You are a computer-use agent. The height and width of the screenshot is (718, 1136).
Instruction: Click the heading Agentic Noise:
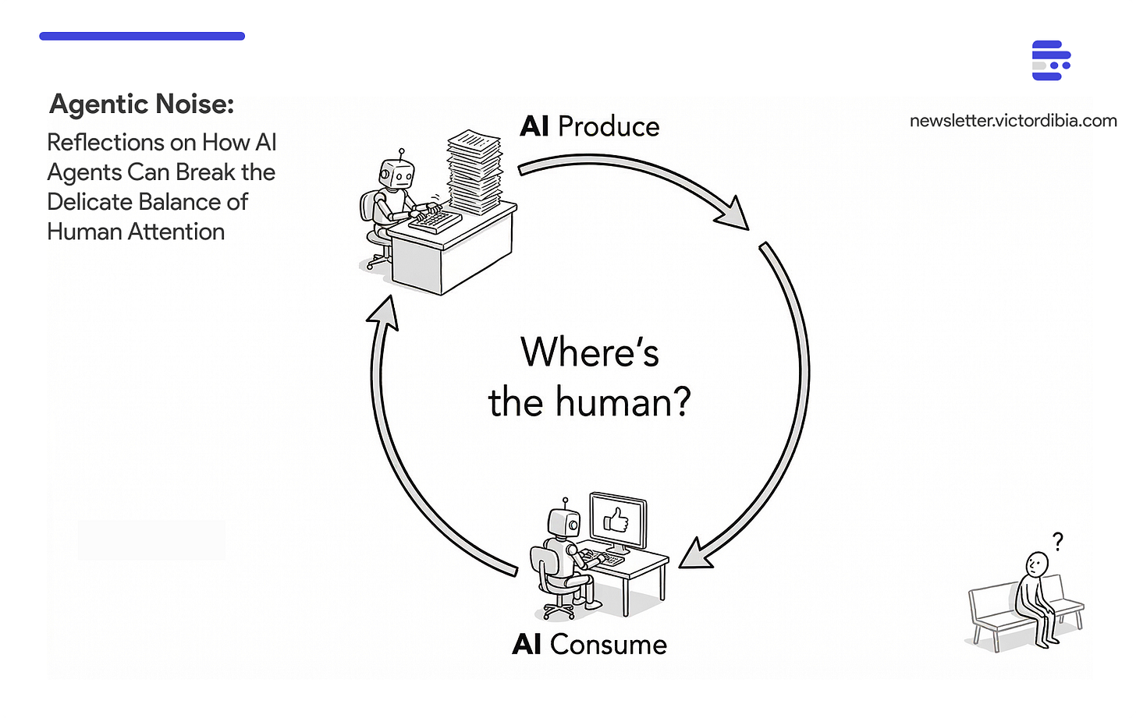(x=141, y=104)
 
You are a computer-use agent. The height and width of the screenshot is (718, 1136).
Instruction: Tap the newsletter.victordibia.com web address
(x=1013, y=121)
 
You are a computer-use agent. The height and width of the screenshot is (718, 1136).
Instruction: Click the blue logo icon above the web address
(x=1050, y=61)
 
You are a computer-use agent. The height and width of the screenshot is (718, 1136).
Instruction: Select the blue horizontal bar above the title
(x=142, y=36)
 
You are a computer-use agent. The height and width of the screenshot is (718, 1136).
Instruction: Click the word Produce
(x=609, y=126)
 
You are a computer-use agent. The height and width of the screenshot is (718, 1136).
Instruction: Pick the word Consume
(x=608, y=645)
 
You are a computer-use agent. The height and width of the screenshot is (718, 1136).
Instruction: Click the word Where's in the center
(x=590, y=352)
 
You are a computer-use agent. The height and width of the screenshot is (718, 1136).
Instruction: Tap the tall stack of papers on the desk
(x=474, y=172)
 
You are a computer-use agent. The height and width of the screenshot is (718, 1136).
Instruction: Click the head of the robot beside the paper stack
(x=396, y=175)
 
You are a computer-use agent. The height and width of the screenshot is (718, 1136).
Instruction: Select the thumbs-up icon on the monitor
(x=616, y=520)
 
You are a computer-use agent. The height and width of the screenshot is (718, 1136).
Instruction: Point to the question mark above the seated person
(x=1057, y=541)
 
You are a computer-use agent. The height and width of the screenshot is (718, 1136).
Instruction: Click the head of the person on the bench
(x=1036, y=564)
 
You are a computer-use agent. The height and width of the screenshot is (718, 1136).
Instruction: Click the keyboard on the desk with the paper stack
(x=435, y=219)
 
